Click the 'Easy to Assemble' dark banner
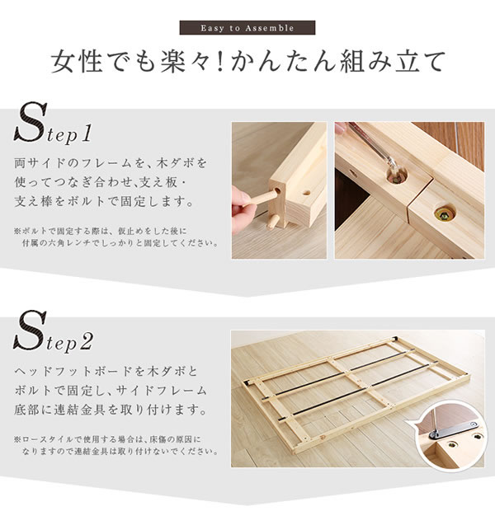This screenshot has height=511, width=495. pos(247,28)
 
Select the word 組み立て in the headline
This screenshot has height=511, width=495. pos(392,61)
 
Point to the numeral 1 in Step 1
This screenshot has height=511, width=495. pos(86,134)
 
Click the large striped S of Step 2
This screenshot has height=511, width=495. pos(30,330)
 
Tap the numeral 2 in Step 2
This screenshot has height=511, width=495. pos(86,342)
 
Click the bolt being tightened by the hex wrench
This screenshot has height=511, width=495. pos(398,177)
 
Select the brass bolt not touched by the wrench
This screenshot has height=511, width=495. pos(445,214)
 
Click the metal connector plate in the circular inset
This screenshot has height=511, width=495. pos(453,430)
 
